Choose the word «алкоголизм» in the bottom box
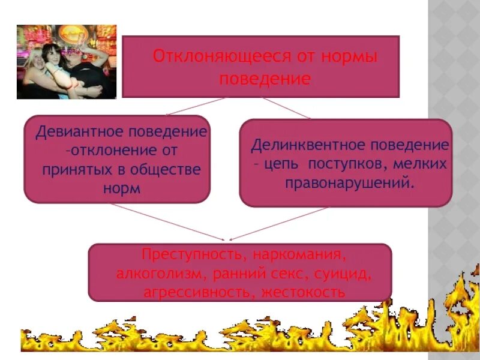tap(158, 274)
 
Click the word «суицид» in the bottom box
tap(345, 274)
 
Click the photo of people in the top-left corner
tap(66, 61)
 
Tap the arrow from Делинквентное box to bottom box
tap(280, 224)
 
